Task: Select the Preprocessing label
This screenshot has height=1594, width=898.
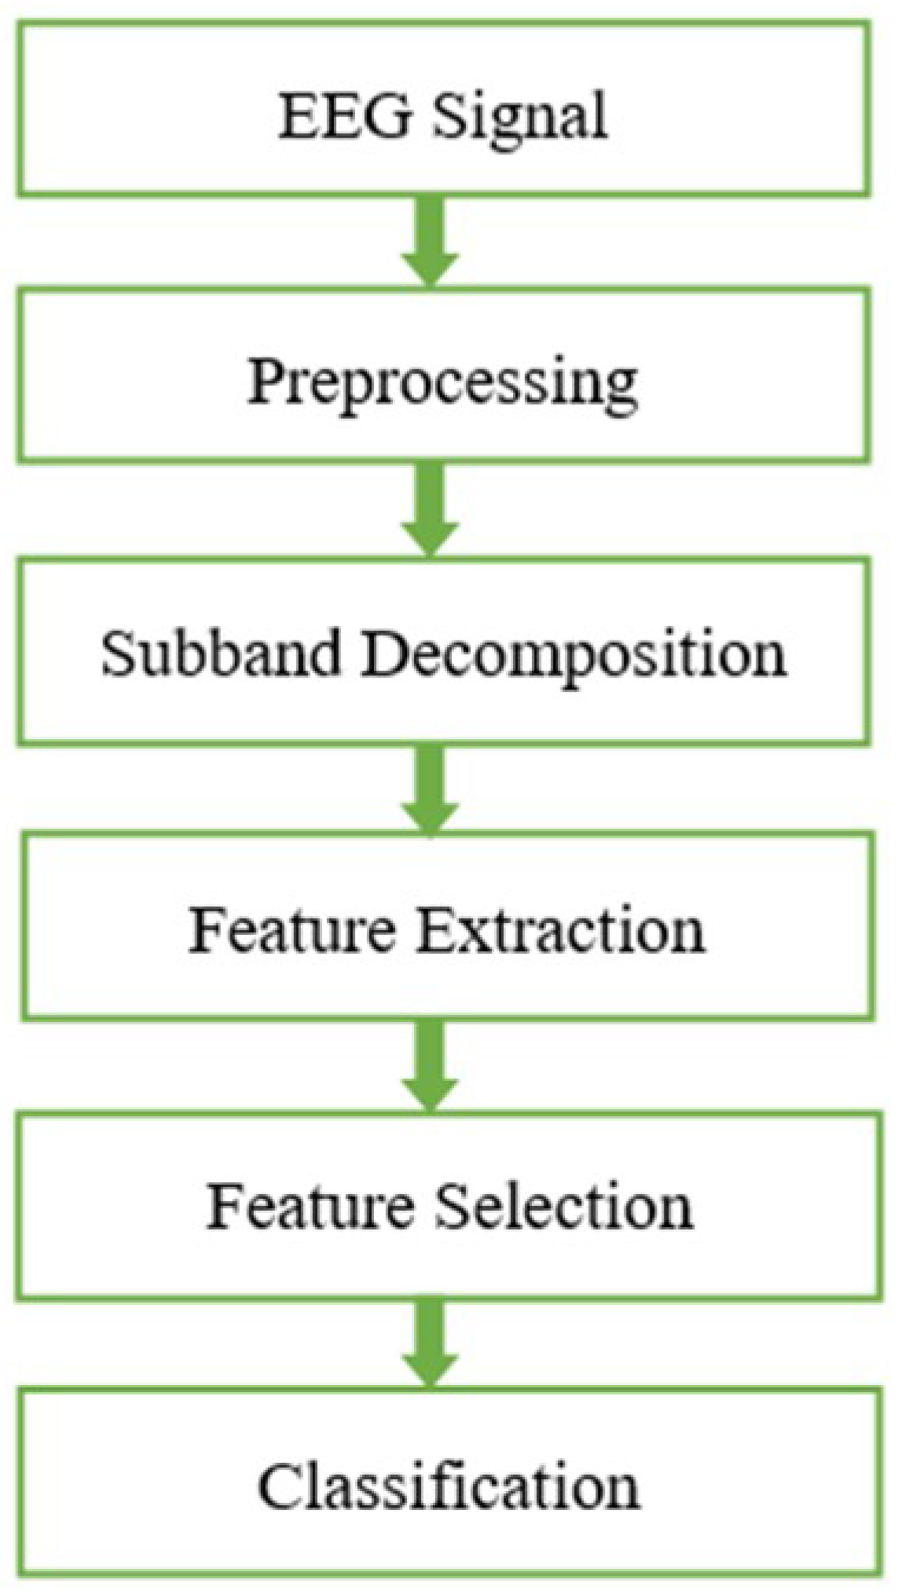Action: (x=442, y=384)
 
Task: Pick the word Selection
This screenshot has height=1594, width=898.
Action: (x=563, y=1206)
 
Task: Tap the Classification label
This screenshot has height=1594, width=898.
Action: (x=449, y=1486)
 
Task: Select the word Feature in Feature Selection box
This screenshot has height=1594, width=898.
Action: (x=310, y=1206)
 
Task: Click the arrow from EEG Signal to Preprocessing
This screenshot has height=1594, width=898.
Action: (x=430, y=240)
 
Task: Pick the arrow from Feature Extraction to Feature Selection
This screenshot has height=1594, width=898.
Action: (x=430, y=1065)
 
